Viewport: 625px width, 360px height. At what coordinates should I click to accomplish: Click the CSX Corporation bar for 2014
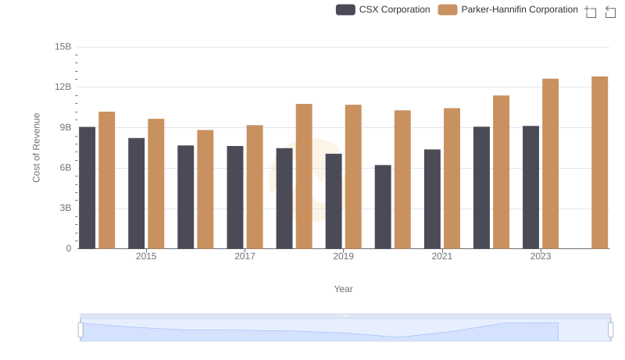[87, 187]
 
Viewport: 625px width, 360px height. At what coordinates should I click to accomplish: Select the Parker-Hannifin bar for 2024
[599, 162]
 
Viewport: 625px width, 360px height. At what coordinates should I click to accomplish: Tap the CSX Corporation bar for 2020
[383, 207]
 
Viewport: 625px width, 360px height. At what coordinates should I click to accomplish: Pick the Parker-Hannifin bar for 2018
[304, 176]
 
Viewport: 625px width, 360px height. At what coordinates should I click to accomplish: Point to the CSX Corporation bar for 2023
[530, 187]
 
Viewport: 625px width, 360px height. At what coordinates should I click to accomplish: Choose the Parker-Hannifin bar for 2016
[205, 189]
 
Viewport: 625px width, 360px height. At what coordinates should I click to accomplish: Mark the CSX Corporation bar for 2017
[235, 197]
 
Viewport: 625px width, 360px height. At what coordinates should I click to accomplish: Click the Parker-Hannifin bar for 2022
[501, 172]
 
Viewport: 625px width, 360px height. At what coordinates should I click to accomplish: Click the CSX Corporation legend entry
[383, 9]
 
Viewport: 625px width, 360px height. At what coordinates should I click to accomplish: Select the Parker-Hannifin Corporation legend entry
[508, 9]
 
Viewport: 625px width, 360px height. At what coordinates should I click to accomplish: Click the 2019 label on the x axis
[343, 256]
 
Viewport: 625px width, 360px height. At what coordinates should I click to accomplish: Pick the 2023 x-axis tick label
[541, 256]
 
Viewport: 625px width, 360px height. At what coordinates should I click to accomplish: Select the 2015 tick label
[146, 256]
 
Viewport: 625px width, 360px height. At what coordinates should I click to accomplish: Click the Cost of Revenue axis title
[36, 148]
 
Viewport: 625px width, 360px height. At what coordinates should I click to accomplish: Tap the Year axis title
[344, 289]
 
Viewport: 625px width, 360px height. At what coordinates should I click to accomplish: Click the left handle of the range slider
[80, 330]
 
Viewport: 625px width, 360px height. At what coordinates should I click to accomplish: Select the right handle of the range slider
[611, 330]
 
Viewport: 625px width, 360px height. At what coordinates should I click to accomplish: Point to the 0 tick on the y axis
[69, 248]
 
